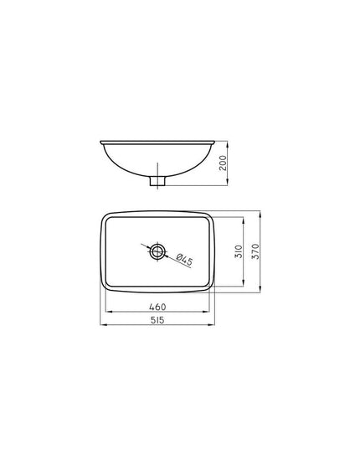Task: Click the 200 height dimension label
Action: [x=223, y=163]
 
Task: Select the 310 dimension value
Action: [x=239, y=251]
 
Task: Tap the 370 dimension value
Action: [x=255, y=251]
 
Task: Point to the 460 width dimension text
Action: [x=157, y=307]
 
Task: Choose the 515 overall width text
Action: [x=157, y=320]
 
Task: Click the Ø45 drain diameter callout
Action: [x=184, y=260]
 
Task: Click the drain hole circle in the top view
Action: [x=157, y=251]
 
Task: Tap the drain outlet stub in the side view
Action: [x=157, y=181]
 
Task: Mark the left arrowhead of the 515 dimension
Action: [x=103, y=325]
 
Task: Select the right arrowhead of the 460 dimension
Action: [x=207, y=312]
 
